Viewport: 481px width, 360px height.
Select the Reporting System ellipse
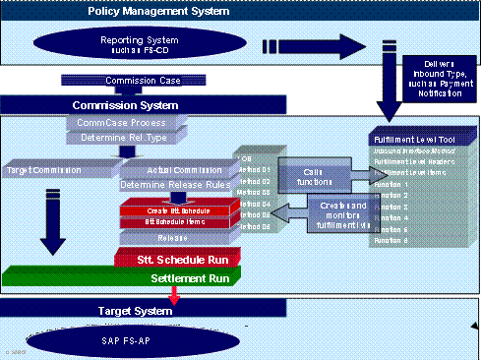(133, 45)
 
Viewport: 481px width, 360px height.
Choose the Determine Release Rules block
(173, 185)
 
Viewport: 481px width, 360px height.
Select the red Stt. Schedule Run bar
(173, 259)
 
